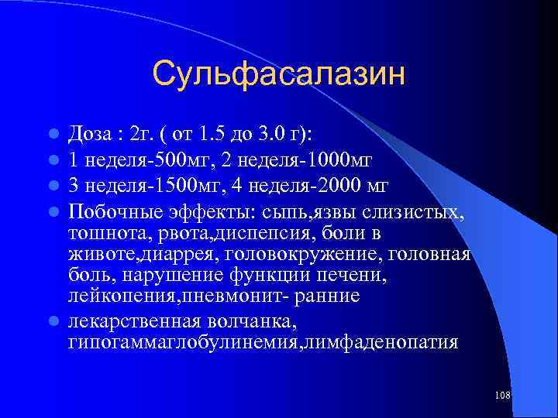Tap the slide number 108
tap(501, 396)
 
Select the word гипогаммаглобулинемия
tap(181, 341)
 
